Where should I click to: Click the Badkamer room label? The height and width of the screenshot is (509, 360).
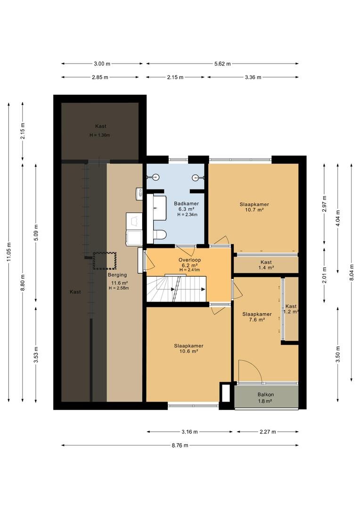pos(186,204)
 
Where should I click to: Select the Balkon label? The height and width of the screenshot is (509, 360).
pos(266,394)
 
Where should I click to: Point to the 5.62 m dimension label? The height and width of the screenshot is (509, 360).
pos(222,64)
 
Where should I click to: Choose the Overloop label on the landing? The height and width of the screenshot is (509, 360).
pos(189,260)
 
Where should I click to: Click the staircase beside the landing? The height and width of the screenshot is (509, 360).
pos(177,288)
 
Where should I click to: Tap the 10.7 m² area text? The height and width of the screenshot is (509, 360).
pos(254,210)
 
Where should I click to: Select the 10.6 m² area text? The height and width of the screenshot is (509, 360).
pos(188,351)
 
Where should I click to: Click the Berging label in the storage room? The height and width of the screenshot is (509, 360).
pos(117,275)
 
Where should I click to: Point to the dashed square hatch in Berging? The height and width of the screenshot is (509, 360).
pos(105,261)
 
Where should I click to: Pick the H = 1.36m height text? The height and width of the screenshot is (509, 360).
pos(100,135)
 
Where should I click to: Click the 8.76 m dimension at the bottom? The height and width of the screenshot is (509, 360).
pos(180,445)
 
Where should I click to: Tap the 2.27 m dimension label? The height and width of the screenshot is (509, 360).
pos(268,432)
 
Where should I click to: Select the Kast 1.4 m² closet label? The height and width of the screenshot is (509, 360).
pos(266,265)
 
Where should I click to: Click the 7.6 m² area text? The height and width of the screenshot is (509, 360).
pos(257,320)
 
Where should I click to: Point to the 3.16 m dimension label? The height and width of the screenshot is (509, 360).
pos(189,432)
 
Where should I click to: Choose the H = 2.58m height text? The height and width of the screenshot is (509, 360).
pos(119,288)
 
